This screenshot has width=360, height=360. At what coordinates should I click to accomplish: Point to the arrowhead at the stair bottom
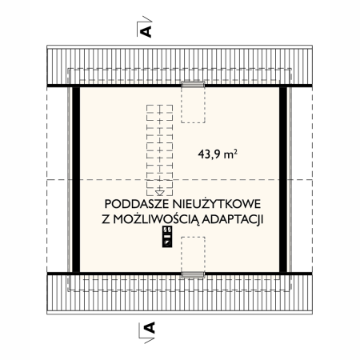pos(160,192)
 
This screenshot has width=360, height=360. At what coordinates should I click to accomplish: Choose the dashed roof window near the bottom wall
pos(192,256)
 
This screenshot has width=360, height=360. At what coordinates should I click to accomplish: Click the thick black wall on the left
pos(77,179)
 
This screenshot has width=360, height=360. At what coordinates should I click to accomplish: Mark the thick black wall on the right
pos(283,179)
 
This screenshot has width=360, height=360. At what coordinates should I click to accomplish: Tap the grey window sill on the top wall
pos(192,83)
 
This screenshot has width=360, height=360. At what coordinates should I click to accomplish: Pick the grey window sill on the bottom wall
pos(192,274)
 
